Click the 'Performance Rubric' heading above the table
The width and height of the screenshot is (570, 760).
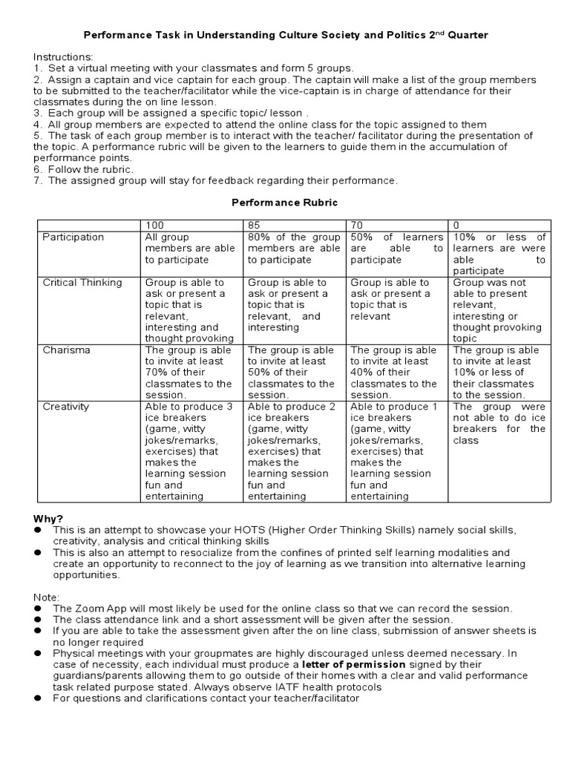(x=284, y=201)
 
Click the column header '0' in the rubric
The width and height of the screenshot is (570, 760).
(x=456, y=224)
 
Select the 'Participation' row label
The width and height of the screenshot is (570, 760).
(x=73, y=237)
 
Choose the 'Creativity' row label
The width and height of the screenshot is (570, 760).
(x=66, y=407)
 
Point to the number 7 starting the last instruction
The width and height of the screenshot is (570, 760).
(x=37, y=180)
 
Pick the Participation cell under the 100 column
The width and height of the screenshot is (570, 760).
(x=190, y=248)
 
